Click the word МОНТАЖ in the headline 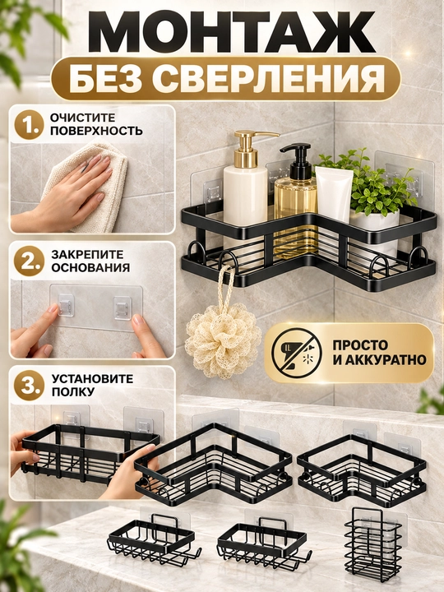pos(231,32)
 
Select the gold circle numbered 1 pos(27,125)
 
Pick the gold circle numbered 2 pos(27,261)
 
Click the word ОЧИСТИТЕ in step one pos(83,118)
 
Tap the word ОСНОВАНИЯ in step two pos(90,268)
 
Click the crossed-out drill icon pos(296,353)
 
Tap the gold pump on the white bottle pos(250,148)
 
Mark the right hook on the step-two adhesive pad pos(123,308)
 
